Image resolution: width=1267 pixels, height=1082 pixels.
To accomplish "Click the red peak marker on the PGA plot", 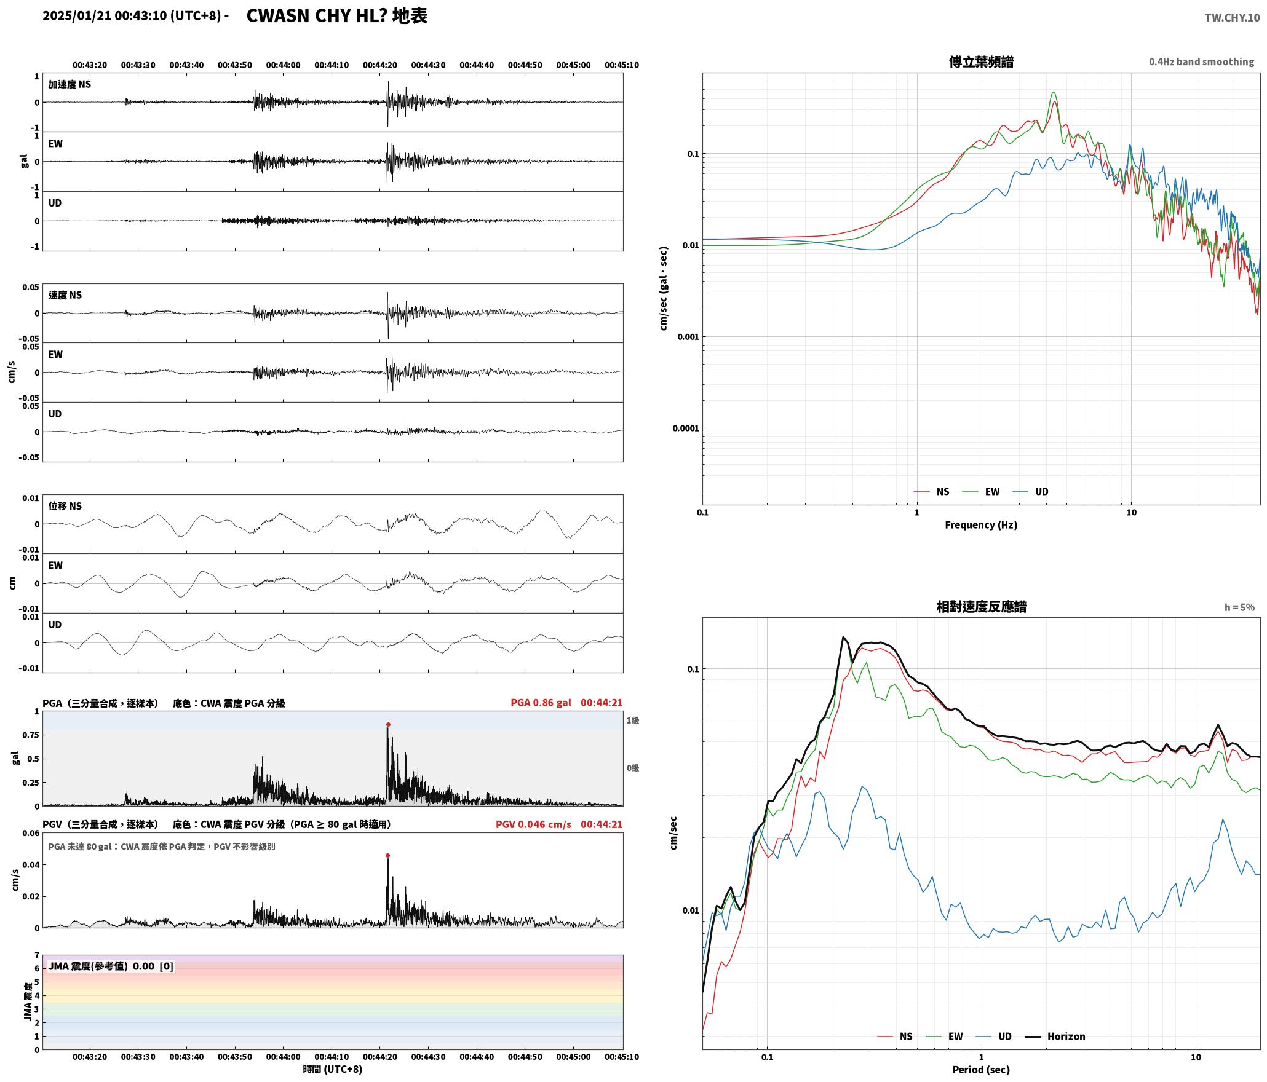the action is click(388, 724).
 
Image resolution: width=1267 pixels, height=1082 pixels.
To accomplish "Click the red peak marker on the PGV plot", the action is click(387, 855).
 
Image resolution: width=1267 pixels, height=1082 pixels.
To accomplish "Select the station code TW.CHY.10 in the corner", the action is click(1232, 18).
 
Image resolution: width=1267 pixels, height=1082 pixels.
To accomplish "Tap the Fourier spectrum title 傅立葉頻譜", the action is click(981, 61).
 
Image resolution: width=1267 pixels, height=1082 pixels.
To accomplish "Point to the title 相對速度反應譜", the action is click(981, 607).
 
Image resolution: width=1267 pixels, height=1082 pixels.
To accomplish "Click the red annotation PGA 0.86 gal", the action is click(541, 703).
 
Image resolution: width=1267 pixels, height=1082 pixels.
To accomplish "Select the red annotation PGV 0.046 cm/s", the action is click(533, 824).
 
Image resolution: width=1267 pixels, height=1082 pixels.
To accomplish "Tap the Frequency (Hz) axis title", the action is click(981, 525).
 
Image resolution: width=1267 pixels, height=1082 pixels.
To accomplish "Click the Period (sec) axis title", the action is click(981, 1070).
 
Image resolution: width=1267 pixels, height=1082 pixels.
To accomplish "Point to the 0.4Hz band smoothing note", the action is click(1201, 62).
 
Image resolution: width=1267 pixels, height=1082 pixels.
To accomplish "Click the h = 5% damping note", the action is click(1239, 607).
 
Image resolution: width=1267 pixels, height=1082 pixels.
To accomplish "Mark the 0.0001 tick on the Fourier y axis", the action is click(685, 428).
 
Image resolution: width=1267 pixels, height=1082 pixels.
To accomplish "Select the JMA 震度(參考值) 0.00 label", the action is click(101, 966).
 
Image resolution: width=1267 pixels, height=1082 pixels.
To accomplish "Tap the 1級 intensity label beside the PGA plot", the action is click(633, 721).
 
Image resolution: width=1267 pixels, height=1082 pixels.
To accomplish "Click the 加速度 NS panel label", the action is click(70, 84).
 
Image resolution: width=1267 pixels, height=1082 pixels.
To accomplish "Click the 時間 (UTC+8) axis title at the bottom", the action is click(332, 1069).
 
